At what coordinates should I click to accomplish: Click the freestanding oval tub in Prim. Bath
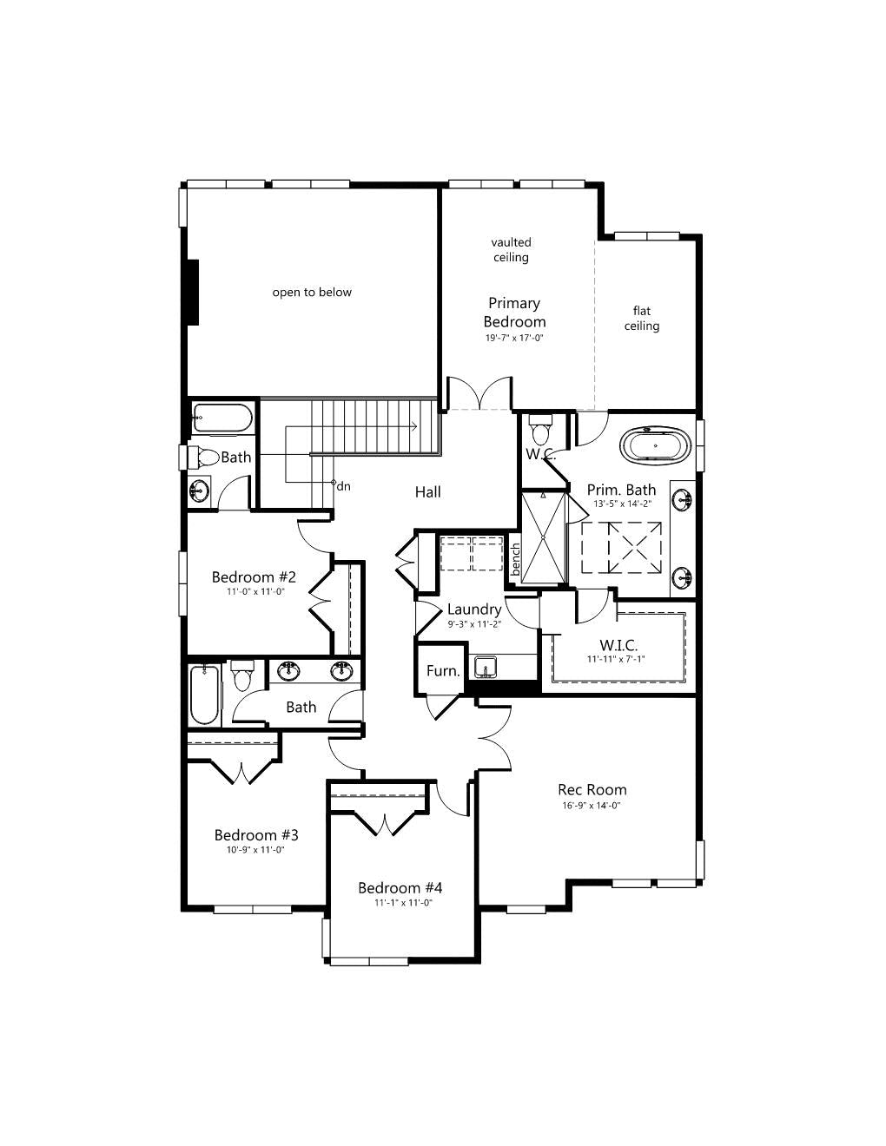tap(655, 445)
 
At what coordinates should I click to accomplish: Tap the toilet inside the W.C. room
tap(539, 429)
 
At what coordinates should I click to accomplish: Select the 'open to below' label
tap(312, 293)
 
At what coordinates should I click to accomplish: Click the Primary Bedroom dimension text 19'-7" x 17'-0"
tap(514, 338)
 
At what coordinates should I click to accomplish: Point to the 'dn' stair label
tap(343, 486)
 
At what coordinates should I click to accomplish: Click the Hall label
tap(428, 492)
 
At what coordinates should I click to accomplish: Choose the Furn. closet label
tap(443, 671)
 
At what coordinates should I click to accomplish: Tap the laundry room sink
tap(485, 667)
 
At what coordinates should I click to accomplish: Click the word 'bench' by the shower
tap(516, 559)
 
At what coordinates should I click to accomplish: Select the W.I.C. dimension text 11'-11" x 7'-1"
tap(617, 659)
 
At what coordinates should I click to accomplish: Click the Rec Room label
tap(592, 789)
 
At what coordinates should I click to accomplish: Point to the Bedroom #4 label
tap(400, 888)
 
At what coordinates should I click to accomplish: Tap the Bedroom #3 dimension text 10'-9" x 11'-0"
tap(256, 850)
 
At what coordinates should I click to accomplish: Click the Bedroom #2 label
tap(254, 577)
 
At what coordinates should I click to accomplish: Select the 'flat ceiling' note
tap(642, 318)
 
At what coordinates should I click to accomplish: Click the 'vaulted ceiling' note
tap(511, 249)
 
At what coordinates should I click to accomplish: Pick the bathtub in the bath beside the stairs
tap(222, 418)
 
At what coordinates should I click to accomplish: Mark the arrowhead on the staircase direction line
tap(414, 425)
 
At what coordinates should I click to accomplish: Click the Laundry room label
tap(474, 609)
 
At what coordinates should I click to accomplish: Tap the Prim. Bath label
tap(622, 490)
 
